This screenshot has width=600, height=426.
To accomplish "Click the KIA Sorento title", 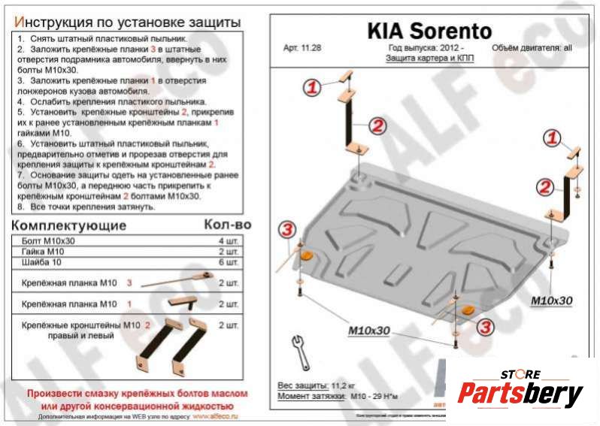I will pos(429,31).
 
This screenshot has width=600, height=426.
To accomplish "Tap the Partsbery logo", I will pos(520,391).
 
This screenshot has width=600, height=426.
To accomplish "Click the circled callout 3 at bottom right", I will pos(485,325).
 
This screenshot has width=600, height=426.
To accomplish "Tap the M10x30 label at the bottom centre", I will pos(368,331).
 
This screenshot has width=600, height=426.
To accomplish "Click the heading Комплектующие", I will pos(69,225).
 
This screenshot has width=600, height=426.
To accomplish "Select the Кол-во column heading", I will pos(226,225).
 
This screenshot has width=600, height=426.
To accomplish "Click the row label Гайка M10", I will pos(43,251).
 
